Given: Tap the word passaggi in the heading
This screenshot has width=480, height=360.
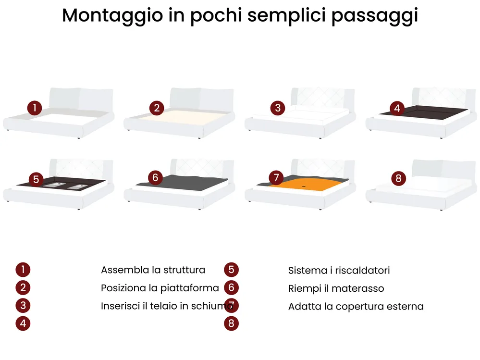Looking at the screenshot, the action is click(x=375, y=15).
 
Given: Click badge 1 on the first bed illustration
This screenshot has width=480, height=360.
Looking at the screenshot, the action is click(x=35, y=108).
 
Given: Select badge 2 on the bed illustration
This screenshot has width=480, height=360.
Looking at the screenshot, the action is click(x=157, y=108).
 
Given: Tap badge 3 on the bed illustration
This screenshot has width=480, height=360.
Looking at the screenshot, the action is click(x=278, y=108).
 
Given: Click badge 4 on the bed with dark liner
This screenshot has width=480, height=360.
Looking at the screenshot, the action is click(x=397, y=108).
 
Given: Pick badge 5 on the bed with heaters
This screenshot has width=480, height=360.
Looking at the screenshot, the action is click(x=36, y=179).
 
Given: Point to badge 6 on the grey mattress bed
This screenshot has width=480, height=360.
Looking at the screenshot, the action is click(x=155, y=177).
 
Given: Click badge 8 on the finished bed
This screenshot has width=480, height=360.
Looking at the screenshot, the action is click(x=398, y=178).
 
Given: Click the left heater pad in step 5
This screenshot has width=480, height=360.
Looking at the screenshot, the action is click(x=54, y=185).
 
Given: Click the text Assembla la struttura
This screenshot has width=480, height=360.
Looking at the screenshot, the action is click(x=153, y=270).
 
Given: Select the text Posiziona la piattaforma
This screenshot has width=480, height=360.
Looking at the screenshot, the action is click(x=160, y=288).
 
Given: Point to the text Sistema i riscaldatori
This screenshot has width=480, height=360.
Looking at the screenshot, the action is click(x=339, y=270).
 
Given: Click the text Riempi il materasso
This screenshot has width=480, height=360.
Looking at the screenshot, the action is click(x=336, y=288).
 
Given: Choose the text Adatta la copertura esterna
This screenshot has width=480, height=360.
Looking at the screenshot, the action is click(x=356, y=307).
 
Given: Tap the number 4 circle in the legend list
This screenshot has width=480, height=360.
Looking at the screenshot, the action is click(x=23, y=323).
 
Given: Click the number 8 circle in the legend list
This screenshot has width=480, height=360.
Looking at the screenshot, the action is click(x=231, y=323).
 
